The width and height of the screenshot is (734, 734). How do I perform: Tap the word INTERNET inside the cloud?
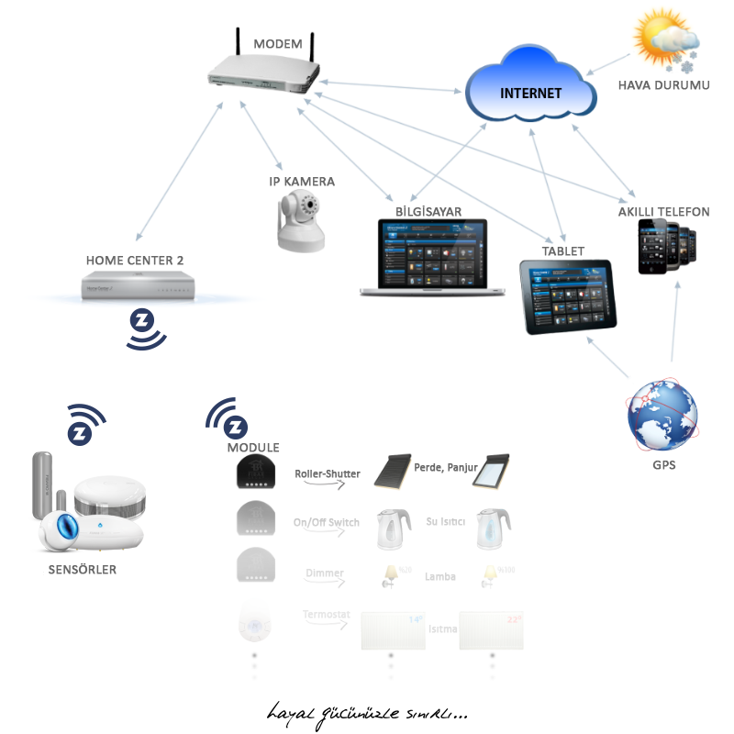(531, 94)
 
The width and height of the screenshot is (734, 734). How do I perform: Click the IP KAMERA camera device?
(301, 221)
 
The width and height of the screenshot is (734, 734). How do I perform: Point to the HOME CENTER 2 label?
(135, 261)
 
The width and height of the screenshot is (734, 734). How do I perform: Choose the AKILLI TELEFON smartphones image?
(667, 247)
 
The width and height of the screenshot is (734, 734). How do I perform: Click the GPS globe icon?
(662, 415)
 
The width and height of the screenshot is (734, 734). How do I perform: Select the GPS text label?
(662, 465)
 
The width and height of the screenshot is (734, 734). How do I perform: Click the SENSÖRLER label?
(82, 570)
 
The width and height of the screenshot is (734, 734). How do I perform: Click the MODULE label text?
(253, 448)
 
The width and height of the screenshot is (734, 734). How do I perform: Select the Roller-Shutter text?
(327, 474)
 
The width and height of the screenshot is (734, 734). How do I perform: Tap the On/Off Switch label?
(326, 523)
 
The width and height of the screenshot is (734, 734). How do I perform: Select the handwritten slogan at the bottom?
(367, 713)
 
